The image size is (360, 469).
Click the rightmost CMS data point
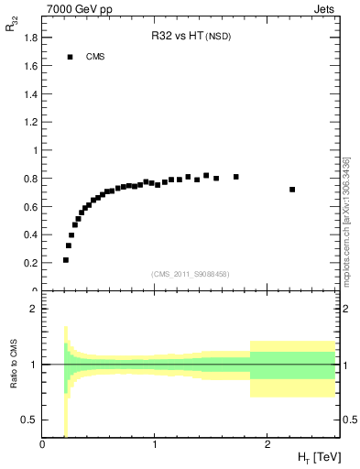click(292, 190)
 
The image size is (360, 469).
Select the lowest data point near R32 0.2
click(66, 260)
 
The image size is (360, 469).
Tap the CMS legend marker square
click(70, 57)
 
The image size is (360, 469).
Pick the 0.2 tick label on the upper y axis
click(31, 263)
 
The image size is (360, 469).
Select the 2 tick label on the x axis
click(267, 446)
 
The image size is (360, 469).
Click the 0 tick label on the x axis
click(43, 446)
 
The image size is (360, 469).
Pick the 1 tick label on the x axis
click(155, 446)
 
